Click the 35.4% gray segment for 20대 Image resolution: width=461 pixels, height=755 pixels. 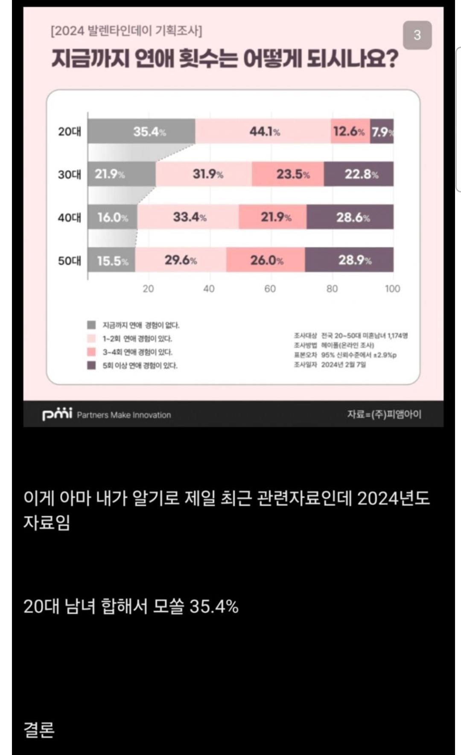point(142,131)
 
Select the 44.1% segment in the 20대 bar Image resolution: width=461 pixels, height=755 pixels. point(263,131)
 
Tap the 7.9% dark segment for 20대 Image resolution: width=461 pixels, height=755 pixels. point(382,131)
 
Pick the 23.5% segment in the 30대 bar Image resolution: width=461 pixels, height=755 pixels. point(288,174)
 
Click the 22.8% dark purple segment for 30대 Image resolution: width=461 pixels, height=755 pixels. point(359,174)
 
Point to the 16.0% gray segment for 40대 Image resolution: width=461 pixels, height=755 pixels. point(113,217)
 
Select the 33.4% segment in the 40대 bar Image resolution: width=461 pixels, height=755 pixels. point(188,217)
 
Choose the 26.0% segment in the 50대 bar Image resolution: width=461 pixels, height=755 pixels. point(266,260)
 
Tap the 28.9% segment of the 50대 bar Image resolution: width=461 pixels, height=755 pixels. point(349,260)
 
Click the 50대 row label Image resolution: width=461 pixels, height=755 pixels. point(70,260)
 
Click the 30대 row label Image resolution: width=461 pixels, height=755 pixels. point(70,174)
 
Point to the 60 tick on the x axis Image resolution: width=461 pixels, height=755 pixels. point(270,289)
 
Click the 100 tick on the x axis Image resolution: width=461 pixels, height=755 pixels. point(392,289)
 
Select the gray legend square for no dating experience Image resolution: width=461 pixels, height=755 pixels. point(91,325)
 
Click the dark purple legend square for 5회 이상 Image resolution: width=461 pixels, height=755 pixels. point(91,365)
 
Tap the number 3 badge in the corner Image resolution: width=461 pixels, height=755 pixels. point(417,35)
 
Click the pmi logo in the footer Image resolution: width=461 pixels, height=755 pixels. point(57,414)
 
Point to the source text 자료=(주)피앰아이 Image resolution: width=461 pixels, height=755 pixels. point(384,414)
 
